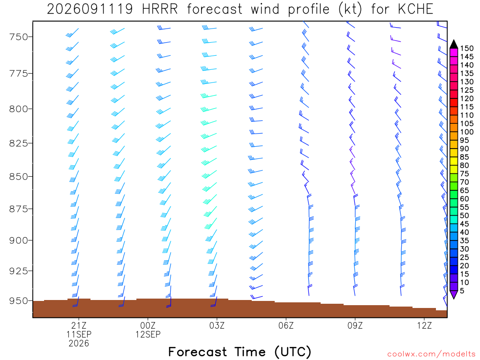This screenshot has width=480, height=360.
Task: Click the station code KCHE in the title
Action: tap(415, 9)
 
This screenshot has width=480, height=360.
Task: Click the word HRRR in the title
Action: tap(160, 9)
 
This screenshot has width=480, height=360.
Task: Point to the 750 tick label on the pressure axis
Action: tap(18, 37)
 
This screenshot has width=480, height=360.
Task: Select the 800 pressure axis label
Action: tap(18, 109)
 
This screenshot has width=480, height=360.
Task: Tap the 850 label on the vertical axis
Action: tap(18, 177)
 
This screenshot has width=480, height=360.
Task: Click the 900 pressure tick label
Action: tap(18, 240)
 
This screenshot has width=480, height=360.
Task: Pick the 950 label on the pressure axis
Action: tap(18, 300)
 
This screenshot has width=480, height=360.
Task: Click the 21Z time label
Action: tap(79, 325)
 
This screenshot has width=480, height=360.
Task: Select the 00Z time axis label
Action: tap(148, 325)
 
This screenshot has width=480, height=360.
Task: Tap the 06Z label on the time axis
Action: tap(286, 325)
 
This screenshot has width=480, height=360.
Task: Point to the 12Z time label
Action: tap(424, 325)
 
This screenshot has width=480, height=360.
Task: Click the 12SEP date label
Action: tap(148, 334)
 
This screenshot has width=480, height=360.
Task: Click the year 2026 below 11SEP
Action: tap(79, 343)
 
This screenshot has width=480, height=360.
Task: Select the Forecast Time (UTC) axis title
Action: tap(240, 352)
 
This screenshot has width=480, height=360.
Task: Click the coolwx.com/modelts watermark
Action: tap(431, 354)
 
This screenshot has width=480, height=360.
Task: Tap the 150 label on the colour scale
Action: tap(467, 48)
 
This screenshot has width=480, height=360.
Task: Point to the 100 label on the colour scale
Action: tap(467, 132)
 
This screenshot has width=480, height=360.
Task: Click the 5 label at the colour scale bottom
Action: tap(462, 291)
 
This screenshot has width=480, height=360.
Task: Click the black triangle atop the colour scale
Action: tap(454, 45)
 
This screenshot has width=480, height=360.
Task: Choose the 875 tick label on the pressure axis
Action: tap(18, 209)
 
